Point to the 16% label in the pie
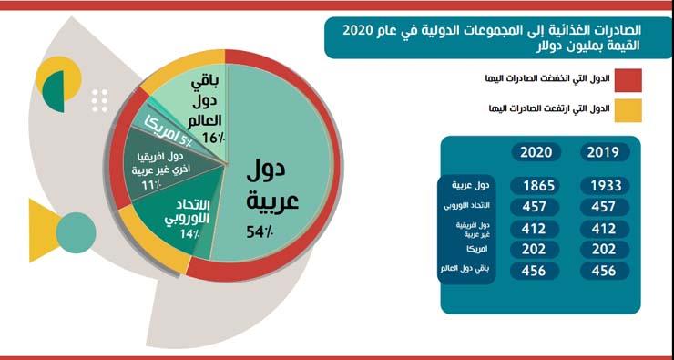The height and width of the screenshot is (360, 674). click(x=213, y=138)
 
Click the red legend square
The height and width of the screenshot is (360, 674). click(x=628, y=84)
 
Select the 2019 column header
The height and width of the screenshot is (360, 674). click(x=606, y=152)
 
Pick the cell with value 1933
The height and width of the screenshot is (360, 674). click(x=606, y=186)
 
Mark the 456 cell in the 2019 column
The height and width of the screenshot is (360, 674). click(x=606, y=270)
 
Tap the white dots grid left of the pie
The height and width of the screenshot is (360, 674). click(x=100, y=99)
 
